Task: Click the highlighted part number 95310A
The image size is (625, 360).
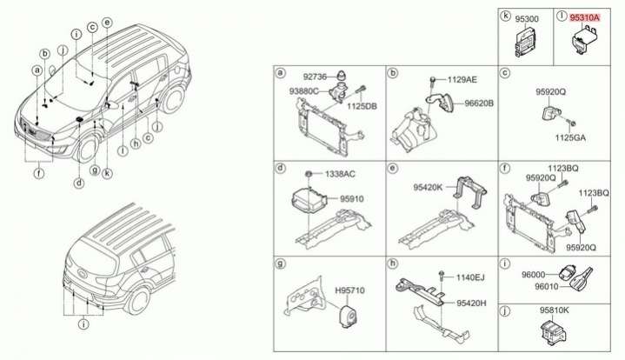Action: (584, 17)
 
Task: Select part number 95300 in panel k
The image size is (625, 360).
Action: (527, 19)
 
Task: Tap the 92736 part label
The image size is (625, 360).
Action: (315, 77)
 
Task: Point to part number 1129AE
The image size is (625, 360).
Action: (462, 80)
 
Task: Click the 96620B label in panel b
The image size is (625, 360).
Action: (479, 103)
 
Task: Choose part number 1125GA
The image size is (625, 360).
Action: (570, 138)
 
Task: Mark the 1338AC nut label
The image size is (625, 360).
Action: (340, 174)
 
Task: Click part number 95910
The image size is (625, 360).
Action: (351, 199)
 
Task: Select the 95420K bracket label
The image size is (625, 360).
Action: (428, 187)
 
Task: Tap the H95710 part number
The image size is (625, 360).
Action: (349, 290)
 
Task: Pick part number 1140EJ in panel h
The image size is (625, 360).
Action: (470, 277)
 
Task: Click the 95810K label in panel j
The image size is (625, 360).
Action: (555, 310)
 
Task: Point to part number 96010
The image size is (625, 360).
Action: (547, 286)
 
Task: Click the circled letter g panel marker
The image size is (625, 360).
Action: (281, 263)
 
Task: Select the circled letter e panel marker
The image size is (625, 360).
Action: (393, 168)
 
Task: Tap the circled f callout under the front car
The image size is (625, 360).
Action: (39, 173)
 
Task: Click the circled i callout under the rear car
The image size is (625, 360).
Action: (83, 324)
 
